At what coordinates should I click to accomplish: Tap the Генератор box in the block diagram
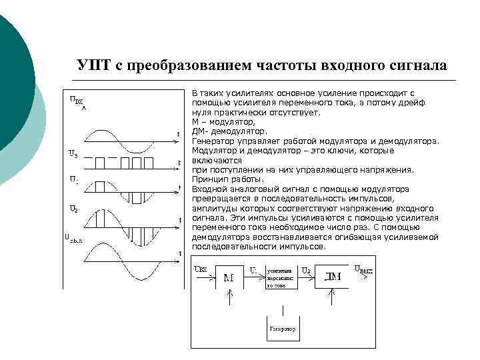coord(283,329)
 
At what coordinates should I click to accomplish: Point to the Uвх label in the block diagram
coord(199,269)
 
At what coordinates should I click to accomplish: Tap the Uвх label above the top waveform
coord(77,101)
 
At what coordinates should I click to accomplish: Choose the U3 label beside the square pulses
coord(74,155)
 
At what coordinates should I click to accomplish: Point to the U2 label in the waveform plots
coord(75,208)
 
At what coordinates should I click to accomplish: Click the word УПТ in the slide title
coord(95,66)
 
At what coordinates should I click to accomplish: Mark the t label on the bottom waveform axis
coord(179,253)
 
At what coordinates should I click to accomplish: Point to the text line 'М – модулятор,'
coord(223,123)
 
